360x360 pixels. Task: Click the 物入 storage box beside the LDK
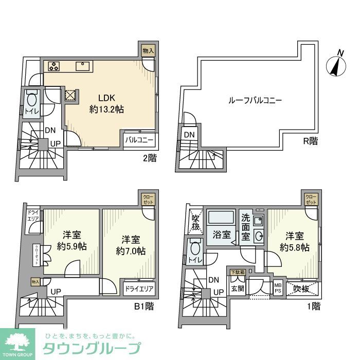pyautogui.click(x=148, y=50)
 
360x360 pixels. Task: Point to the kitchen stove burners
pyautogui.click(x=55, y=66)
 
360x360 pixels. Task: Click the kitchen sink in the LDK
pyautogui.click(x=82, y=66)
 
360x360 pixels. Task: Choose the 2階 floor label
pyautogui.click(x=149, y=158)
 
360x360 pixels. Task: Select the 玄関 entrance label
pyautogui.click(x=237, y=289)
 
